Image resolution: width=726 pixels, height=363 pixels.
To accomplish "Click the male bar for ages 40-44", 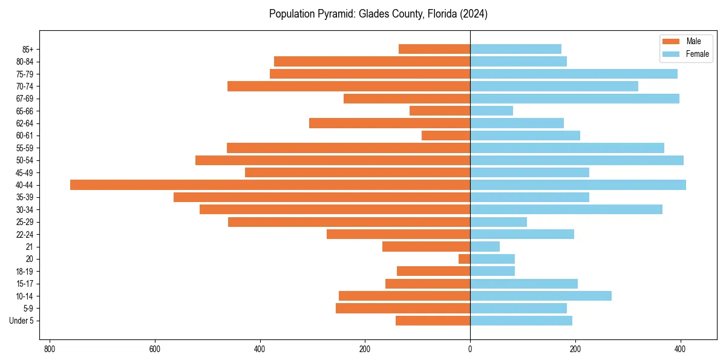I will pyautogui.click(x=270, y=185).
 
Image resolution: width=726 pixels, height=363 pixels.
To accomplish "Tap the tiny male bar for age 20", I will pyautogui.click(x=464, y=259).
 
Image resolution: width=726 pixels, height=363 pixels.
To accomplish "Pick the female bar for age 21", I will pyautogui.click(x=485, y=247).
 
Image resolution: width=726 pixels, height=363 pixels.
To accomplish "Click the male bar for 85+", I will pyautogui.click(x=434, y=49).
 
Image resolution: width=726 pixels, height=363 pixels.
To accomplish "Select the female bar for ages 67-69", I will pyautogui.click(x=575, y=99).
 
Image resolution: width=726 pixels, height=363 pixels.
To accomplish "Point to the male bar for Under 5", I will pyautogui.click(x=433, y=321).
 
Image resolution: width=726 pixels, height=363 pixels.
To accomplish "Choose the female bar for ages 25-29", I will pyautogui.click(x=499, y=222).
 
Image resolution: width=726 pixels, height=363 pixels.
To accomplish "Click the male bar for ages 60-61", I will pyautogui.click(x=446, y=136).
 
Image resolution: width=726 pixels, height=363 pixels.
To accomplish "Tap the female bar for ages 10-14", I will pyautogui.click(x=541, y=296).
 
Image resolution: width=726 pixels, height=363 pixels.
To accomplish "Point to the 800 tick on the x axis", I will pyautogui.click(x=50, y=349).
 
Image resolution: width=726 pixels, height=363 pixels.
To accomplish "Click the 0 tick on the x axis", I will pyautogui.click(x=470, y=349).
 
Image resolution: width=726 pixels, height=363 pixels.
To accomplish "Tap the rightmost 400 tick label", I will pyautogui.click(x=680, y=349).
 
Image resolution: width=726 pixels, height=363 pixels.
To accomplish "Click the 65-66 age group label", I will pyautogui.click(x=25, y=111).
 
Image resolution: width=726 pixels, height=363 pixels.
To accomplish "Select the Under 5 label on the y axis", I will pyautogui.click(x=21, y=321).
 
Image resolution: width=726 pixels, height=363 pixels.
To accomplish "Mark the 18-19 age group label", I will pyautogui.click(x=25, y=272).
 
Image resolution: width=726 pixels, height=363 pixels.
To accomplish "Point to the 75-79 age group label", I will pyautogui.click(x=25, y=74).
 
